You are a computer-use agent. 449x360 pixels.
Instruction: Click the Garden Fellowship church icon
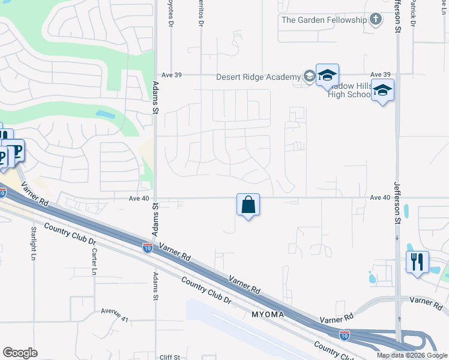(x=376, y=20)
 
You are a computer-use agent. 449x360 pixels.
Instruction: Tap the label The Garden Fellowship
(x=324, y=20)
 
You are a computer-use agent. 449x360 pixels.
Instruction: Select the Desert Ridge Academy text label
(x=259, y=77)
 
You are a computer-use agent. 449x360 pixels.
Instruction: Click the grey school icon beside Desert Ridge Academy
(x=309, y=76)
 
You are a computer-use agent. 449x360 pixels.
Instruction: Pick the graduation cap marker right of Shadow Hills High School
(x=382, y=91)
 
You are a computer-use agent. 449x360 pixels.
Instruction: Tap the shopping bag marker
(x=248, y=205)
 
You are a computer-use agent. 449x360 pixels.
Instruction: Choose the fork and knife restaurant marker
(x=417, y=262)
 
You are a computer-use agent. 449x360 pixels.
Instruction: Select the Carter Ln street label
(x=94, y=262)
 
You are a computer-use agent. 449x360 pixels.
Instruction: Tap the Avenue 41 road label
(x=115, y=314)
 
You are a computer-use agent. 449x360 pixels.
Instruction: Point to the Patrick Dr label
(x=414, y=12)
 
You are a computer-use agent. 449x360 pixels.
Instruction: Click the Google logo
(x=20, y=353)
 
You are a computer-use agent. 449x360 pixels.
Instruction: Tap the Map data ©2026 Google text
(x=411, y=355)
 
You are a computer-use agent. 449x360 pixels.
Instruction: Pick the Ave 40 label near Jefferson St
(x=380, y=197)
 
